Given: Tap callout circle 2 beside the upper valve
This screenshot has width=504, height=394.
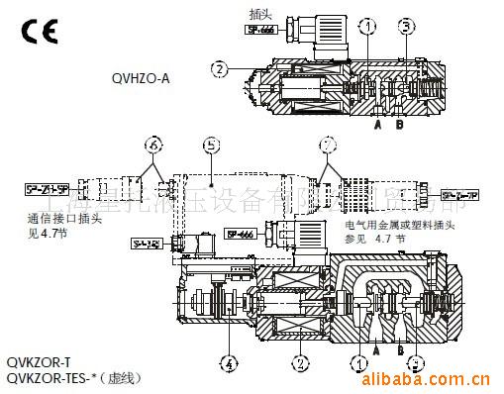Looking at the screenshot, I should [219, 69].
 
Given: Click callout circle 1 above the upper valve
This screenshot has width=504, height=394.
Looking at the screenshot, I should [368, 27].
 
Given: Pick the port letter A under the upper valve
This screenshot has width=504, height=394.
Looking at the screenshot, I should [377, 125].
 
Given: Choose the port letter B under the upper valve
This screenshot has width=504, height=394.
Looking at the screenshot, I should [400, 125].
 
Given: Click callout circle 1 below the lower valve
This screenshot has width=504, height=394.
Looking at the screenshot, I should [357, 362].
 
